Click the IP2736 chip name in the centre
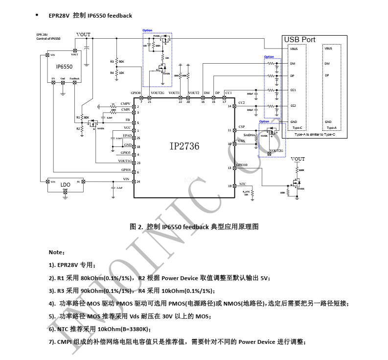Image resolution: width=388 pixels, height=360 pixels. point(185,145)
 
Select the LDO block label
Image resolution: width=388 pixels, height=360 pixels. point(65,185)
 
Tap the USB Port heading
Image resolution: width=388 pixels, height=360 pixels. point(300,40)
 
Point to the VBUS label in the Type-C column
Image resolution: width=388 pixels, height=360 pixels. point(294,48)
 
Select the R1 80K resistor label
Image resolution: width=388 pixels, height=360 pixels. point(83,118)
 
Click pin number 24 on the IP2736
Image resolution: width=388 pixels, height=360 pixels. point(138,181)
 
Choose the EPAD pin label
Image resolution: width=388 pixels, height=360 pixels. point(127,135)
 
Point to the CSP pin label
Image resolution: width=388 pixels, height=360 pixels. point(241,127)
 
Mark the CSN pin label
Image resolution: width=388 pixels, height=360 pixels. point(241,141)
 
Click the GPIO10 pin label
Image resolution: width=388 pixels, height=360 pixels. point(242,165)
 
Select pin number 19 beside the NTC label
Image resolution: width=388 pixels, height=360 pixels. point(229,186)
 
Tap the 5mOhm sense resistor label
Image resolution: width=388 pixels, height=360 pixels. point(250,134)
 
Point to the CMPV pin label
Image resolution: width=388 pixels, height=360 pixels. point(125,104)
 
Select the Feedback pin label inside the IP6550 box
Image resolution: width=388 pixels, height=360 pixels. point(74,78)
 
